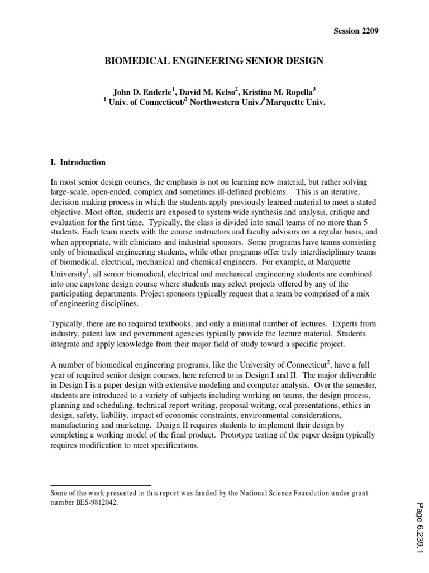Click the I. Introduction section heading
[x=78, y=162]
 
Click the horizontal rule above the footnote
[x=101, y=485]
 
